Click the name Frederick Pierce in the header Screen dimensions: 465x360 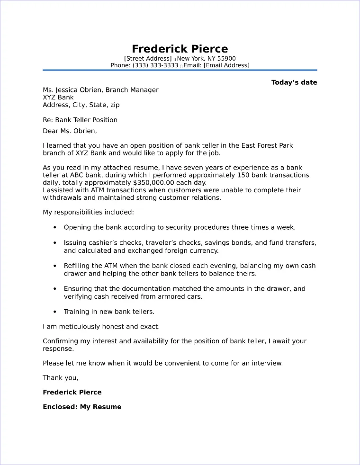(x=180, y=49)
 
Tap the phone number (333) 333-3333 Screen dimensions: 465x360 (x=155, y=65)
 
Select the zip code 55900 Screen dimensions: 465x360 (x=226, y=58)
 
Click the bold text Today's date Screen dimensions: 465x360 (x=294, y=82)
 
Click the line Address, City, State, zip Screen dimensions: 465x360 (x=81, y=105)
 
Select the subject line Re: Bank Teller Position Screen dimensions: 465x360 (x=80, y=120)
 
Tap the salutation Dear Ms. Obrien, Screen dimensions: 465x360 (x=69, y=131)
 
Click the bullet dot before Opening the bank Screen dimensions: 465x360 (x=55, y=228)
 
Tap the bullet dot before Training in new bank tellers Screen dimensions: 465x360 (x=55, y=312)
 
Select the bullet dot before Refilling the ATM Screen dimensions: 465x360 (x=55, y=266)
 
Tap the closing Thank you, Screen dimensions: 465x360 (x=60, y=377)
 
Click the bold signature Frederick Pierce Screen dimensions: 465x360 (x=72, y=392)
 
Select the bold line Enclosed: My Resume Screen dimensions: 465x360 (x=82, y=407)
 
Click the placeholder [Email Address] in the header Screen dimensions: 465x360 (x=226, y=65)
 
